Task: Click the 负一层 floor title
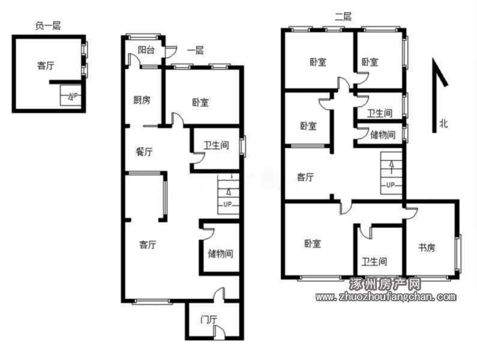(48, 26)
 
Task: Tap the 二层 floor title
(343, 16)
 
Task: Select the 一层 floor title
(196, 50)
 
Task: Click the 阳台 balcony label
(146, 50)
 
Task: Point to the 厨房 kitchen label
(142, 100)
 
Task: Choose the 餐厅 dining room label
(144, 152)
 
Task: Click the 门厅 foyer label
(209, 320)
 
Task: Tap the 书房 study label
(427, 248)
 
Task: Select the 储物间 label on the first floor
(221, 253)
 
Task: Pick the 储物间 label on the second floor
(383, 134)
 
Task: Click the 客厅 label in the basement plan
(46, 65)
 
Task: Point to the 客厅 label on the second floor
(305, 177)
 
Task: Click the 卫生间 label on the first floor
(216, 145)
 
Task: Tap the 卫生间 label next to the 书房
(374, 262)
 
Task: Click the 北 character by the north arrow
(443, 124)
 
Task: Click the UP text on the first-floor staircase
(227, 204)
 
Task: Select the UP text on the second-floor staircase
(391, 185)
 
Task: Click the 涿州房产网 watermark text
(385, 284)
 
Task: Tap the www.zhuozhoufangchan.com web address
(386, 297)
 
